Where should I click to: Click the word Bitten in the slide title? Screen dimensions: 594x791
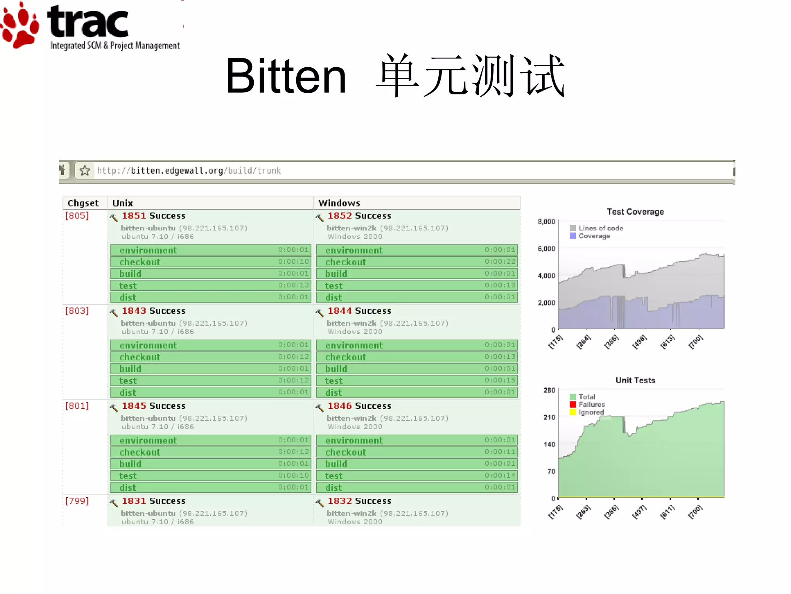point(285,76)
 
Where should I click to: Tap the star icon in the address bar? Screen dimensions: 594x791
point(85,171)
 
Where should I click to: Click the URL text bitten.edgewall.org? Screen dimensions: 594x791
point(177,171)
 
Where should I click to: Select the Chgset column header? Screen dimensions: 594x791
point(83,203)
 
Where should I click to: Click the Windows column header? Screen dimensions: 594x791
point(339,203)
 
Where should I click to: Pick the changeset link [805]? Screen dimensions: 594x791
point(77,216)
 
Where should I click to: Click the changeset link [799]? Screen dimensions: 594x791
point(77,501)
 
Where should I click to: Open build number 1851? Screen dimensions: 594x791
point(134,216)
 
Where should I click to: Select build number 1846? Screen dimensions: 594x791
point(339,406)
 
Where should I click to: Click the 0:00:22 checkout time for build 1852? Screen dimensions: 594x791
point(500,262)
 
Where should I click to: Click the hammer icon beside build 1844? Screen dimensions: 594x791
point(319,312)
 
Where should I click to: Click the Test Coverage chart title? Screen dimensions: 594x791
point(635,212)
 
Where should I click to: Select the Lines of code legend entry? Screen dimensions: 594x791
point(600,228)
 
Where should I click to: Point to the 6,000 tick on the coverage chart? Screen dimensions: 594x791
point(546,249)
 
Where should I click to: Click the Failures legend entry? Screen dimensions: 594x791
point(591,405)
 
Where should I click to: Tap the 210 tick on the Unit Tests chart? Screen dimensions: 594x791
point(549,417)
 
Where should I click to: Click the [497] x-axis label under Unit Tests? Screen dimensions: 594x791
point(639,512)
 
